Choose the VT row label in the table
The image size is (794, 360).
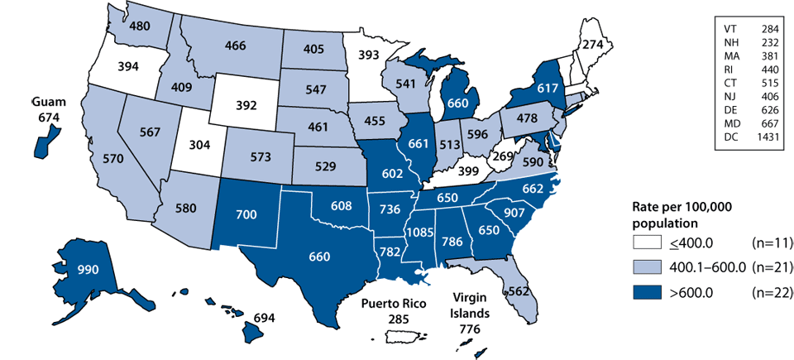[x=726, y=29]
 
